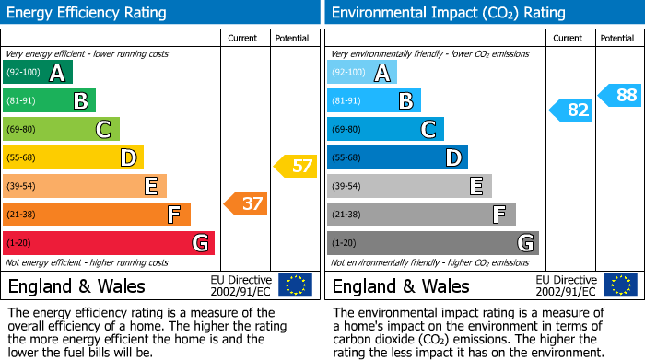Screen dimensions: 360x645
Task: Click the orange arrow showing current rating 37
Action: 246,203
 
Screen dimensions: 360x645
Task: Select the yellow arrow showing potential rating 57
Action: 295,167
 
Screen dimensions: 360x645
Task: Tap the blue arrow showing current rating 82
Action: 570,110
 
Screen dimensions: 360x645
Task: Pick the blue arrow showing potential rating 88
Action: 619,94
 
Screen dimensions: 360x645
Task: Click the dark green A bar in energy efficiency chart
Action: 38,73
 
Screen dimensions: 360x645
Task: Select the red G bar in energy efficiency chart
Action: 109,243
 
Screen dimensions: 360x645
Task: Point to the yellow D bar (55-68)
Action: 73,157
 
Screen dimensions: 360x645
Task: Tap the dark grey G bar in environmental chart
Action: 432,243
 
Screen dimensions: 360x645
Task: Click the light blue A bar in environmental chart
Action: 362,73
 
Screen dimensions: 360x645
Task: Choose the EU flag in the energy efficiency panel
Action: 295,285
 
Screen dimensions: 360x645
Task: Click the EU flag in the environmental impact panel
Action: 619,285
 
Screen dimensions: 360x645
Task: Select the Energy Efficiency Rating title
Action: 88,13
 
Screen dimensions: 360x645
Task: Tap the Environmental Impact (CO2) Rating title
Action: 448,13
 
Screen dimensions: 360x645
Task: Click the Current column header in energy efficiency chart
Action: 243,38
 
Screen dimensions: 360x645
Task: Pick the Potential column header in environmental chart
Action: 617,38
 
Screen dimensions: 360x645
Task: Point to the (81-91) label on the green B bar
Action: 22,101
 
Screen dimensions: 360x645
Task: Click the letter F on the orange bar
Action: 173,215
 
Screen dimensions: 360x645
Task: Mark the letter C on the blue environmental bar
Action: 428,130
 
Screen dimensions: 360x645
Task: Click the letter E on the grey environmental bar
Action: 476,187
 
